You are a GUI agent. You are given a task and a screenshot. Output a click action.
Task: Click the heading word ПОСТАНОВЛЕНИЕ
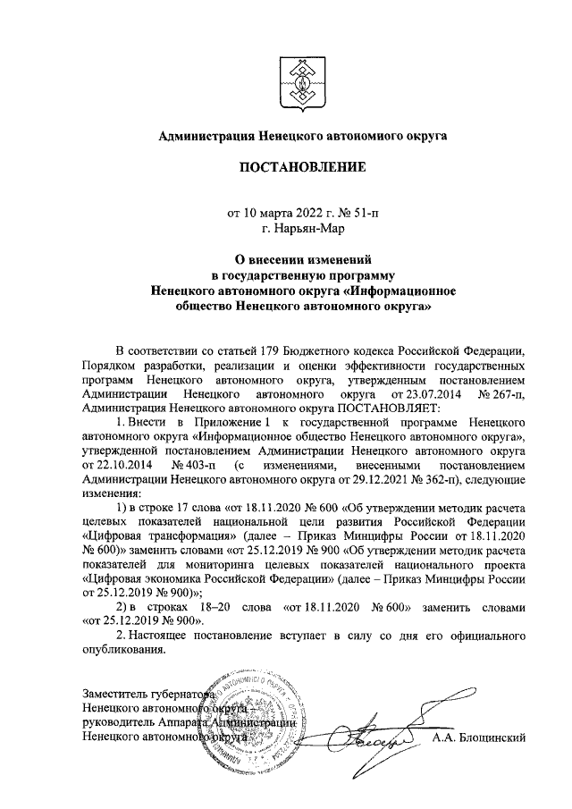[x=296, y=167]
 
